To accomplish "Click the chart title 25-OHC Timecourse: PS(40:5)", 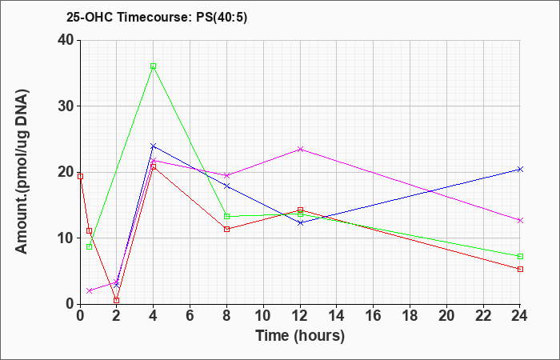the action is click(157, 17).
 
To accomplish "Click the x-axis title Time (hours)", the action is click(300, 336).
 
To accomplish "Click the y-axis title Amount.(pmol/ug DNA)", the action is click(22, 172).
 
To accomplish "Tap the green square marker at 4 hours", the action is click(154, 66).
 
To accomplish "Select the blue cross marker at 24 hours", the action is click(520, 170).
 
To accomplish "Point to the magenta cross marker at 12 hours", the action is click(300, 150).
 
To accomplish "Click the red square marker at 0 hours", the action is click(80, 177).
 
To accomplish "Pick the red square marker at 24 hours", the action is click(520, 270).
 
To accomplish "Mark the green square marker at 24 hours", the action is click(520, 257).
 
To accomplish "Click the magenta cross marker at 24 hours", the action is click(520, 220).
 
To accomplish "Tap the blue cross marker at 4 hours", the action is click(154, 146).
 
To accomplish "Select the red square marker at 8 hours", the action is click(226, 230).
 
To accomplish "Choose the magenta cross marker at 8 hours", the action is click(226, 175).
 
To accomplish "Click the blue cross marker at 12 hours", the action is click(300, 223).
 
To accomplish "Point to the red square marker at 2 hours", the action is click(117, 300).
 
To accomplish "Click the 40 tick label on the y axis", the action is click(66, 40).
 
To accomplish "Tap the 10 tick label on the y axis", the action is click(66, 238).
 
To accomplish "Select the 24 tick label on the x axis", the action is click(519, 316).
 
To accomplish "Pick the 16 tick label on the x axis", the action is click(374, 316).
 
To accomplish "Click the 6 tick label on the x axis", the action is click(190, 316).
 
